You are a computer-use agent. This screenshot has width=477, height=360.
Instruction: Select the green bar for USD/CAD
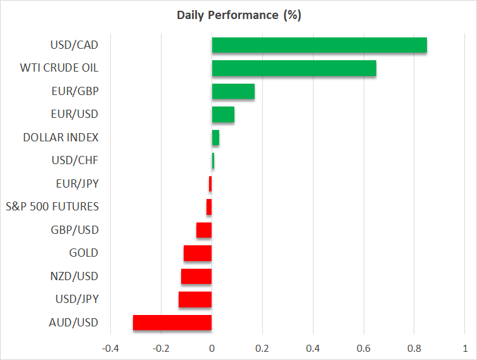(x=319, y=46)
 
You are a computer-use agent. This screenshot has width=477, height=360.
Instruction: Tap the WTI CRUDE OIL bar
(x=294, y=68)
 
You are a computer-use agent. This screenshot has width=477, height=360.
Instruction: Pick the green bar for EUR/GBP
(x=233, y=91)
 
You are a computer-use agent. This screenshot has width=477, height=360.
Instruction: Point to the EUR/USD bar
(x=223, y=115)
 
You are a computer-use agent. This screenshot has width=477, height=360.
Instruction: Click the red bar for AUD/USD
(x=172, y=323)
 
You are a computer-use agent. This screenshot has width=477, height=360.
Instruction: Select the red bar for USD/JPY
(x=195, y=299)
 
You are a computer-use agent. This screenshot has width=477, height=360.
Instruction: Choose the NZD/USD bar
(x=196, y=276)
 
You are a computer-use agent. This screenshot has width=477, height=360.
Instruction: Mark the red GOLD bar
(x=198, y=254)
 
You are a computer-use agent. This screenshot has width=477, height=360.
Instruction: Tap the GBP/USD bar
(x=204, y=230)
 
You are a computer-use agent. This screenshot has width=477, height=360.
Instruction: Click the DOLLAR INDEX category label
(x=61, y=138)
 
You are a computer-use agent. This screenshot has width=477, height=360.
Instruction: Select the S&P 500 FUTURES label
(x=52, y=207)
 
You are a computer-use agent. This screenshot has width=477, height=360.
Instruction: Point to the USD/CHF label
(x=75, y=160)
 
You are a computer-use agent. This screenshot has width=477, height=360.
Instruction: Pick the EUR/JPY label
(x=77, y=184)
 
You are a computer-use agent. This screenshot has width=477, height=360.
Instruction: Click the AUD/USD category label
(x=74, y=323)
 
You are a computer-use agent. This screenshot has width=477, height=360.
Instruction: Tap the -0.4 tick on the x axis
(x=110, y=349)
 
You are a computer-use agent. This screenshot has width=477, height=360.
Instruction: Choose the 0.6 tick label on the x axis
(x=364, y=349)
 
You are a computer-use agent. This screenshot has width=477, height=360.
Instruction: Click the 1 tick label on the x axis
(x=464, y=349)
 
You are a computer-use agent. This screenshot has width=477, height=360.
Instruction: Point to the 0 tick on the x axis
(x=212, y=349)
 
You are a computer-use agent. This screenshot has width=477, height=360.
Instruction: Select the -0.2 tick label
(x=161, y=349)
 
